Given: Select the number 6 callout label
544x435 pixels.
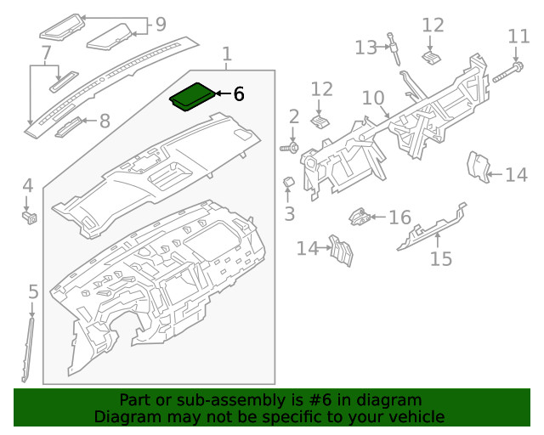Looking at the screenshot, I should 238,94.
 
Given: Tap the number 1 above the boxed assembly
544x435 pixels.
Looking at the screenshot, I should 226,56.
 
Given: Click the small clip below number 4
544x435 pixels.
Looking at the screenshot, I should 28,217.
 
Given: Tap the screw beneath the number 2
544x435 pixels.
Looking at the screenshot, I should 288,149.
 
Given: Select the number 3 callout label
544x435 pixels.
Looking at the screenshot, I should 290,212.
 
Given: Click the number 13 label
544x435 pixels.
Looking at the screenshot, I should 365,47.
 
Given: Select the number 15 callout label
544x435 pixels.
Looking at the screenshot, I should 440,257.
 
